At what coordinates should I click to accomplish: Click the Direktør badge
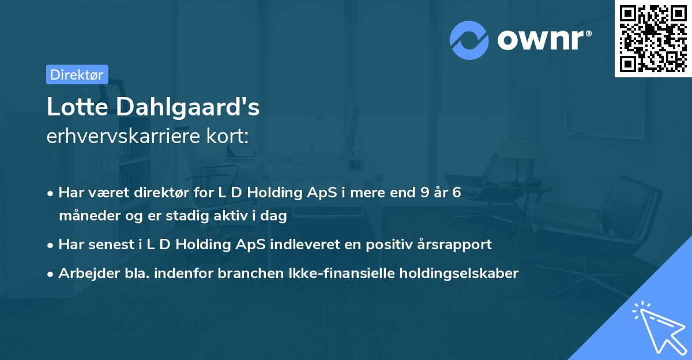pyautogui.click(x=77, y=74)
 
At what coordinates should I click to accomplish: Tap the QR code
pyautogui.click(x=652, y=38)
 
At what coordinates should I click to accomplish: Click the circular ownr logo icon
pyautogui.click(x=469, y=40)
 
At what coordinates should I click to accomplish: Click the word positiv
pyautogui.click(x=370, y=245)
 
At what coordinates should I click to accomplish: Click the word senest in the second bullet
pyautogui.click(x=106, y=245)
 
